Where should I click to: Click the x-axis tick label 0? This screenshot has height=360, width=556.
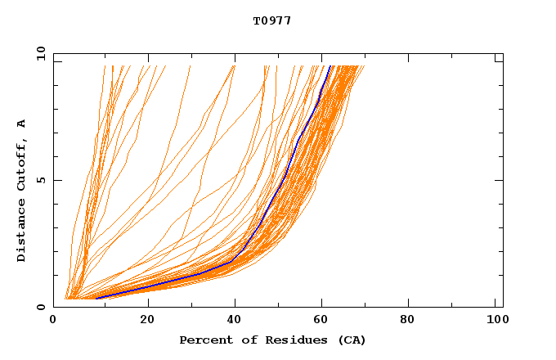tap(53, 320)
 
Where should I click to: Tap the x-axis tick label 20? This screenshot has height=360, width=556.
tap(147, 320)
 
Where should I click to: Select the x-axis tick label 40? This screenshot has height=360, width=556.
tap(235, 320)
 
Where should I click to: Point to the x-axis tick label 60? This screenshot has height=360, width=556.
tap(324, 320)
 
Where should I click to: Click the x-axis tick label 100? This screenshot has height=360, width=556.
tap(495, 320)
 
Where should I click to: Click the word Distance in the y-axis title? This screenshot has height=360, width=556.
tap(21, 232)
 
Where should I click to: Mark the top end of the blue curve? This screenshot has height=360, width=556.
tap(330, 66)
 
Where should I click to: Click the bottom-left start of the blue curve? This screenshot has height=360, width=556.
tap(96, 299)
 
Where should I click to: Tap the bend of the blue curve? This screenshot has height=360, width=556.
tap(235, 261)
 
